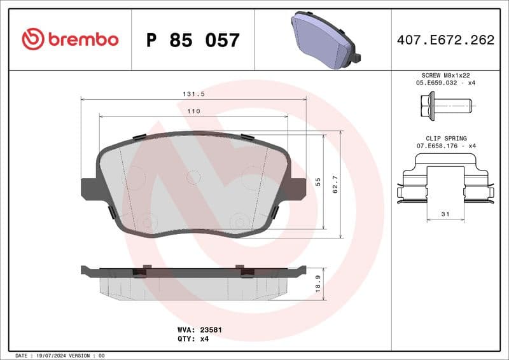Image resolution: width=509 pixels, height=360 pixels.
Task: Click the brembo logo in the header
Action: click(x=70, y=39)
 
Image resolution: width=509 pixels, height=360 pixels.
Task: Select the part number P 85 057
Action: click(x=193, y=40)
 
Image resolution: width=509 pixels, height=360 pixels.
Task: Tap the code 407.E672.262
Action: click(x=445, y=40)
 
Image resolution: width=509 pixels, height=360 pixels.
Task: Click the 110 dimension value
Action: click(x=194, y=111)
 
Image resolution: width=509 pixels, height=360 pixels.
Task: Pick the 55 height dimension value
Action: click(x=317, y=181)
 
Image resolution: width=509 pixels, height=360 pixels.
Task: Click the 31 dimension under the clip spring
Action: click(x=445, y=214)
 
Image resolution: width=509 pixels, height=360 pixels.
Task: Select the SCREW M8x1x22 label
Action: click(x=445, y=75)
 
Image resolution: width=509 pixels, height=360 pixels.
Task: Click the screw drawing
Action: click(x=445, y=104)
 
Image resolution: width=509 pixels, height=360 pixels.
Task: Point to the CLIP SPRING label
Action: click(x=445, y=138)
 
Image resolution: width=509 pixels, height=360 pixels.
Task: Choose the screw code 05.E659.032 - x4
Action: click(x=445, y=83)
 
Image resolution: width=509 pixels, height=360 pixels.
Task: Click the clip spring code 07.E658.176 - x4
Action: click(x=445, y=146)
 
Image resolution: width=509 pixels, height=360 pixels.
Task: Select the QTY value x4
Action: click(x=204, y=339)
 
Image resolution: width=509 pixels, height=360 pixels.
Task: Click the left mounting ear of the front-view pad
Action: click(x=88, y=188)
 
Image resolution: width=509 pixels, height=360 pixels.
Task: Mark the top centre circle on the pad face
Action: click(x=193, y=177)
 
